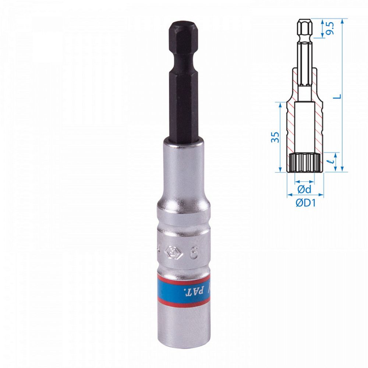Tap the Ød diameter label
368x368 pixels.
(x=304, y=190)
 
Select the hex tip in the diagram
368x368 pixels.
(x=304, y=28)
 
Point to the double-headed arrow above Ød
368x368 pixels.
(x=305, y=181)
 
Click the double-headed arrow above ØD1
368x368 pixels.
(x=305, y=195)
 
